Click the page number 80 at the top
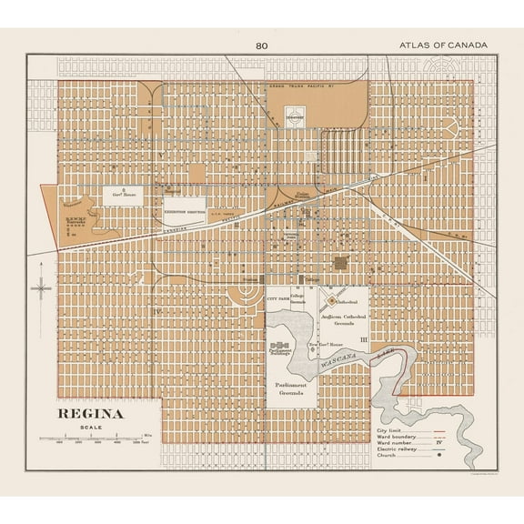click(x=262, y=45)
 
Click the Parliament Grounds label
click(x=291, y=388)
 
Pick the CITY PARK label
click(x=277, y=297)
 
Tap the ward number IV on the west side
click(x=158, y=312)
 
